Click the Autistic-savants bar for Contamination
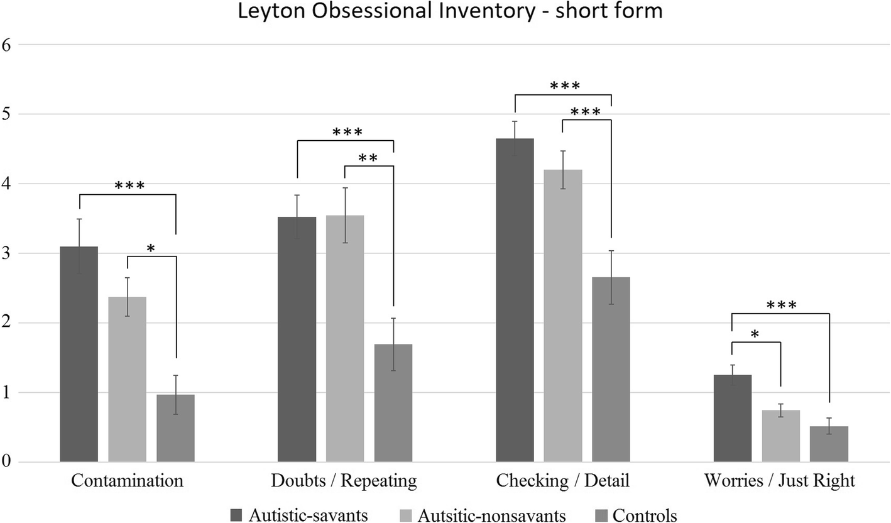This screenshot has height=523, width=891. coord(79,355)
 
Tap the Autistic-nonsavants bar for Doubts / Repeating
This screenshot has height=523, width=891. coord(344,339)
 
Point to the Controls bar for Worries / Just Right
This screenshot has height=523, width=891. coord(829,444)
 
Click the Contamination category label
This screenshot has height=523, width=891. coord(127,481)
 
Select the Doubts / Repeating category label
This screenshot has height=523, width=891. coord(344,481)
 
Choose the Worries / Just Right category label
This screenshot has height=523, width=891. coord(779,481)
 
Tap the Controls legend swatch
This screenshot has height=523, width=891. coord(599,515)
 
